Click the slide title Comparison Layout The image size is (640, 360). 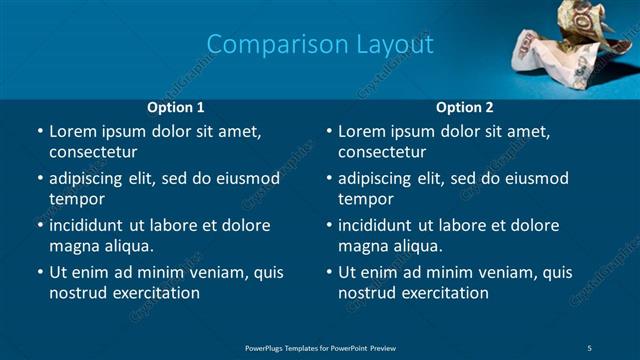[320, 45]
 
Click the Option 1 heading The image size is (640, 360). [176, 107]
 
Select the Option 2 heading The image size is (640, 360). [465, 107]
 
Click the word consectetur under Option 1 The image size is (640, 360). [93, 152]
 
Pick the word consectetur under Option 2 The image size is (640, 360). [382, 152]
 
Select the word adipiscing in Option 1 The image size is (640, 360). [88, 179]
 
